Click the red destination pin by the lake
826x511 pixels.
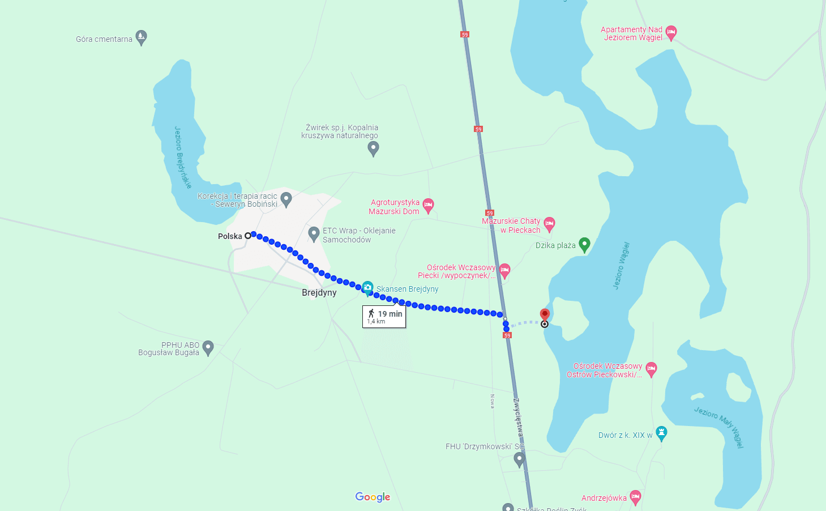(545, 315)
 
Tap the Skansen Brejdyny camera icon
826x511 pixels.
(367, 288)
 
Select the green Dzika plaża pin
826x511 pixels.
(584, 244)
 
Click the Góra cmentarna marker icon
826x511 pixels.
(142, 37)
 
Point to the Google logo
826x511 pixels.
(373, 497)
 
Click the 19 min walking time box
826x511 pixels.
(384, 316)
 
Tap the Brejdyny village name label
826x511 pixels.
(319, 293)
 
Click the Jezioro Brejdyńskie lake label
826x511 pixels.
(182, 157)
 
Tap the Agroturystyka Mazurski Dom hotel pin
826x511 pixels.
(429, 205)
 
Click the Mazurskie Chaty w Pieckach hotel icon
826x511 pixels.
(549, 224)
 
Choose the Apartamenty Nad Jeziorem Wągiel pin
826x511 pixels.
(671, 32)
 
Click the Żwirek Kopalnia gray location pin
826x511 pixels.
(373, 148)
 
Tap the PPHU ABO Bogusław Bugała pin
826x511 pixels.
(208, 347)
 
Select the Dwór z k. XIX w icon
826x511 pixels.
(661, 433)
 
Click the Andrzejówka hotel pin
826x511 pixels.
(635, 497)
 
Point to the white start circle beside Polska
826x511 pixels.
(247, 235)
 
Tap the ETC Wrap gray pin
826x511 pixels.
(314, 233)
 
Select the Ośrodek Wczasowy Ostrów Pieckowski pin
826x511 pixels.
(651, 369)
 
